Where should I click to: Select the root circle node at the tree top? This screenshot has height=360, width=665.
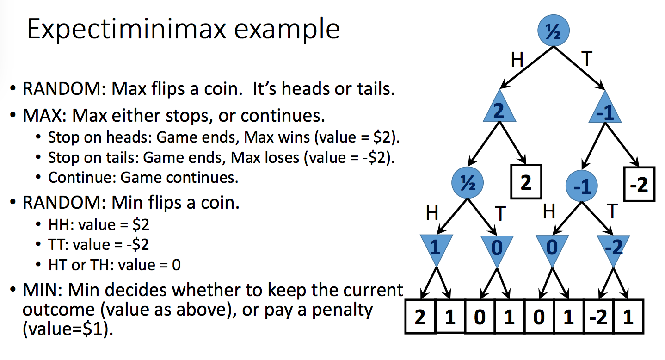[x=553, y=31]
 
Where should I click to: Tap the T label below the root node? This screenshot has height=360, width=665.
[x=586, y=59]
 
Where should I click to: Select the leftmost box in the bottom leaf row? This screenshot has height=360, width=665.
[x=420, y=318]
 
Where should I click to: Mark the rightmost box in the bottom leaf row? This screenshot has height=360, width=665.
[x=628, y=318]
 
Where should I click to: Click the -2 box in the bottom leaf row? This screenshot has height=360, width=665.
[x=598, y=318]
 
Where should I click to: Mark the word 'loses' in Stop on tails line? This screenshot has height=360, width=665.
[x=279, y=157]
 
